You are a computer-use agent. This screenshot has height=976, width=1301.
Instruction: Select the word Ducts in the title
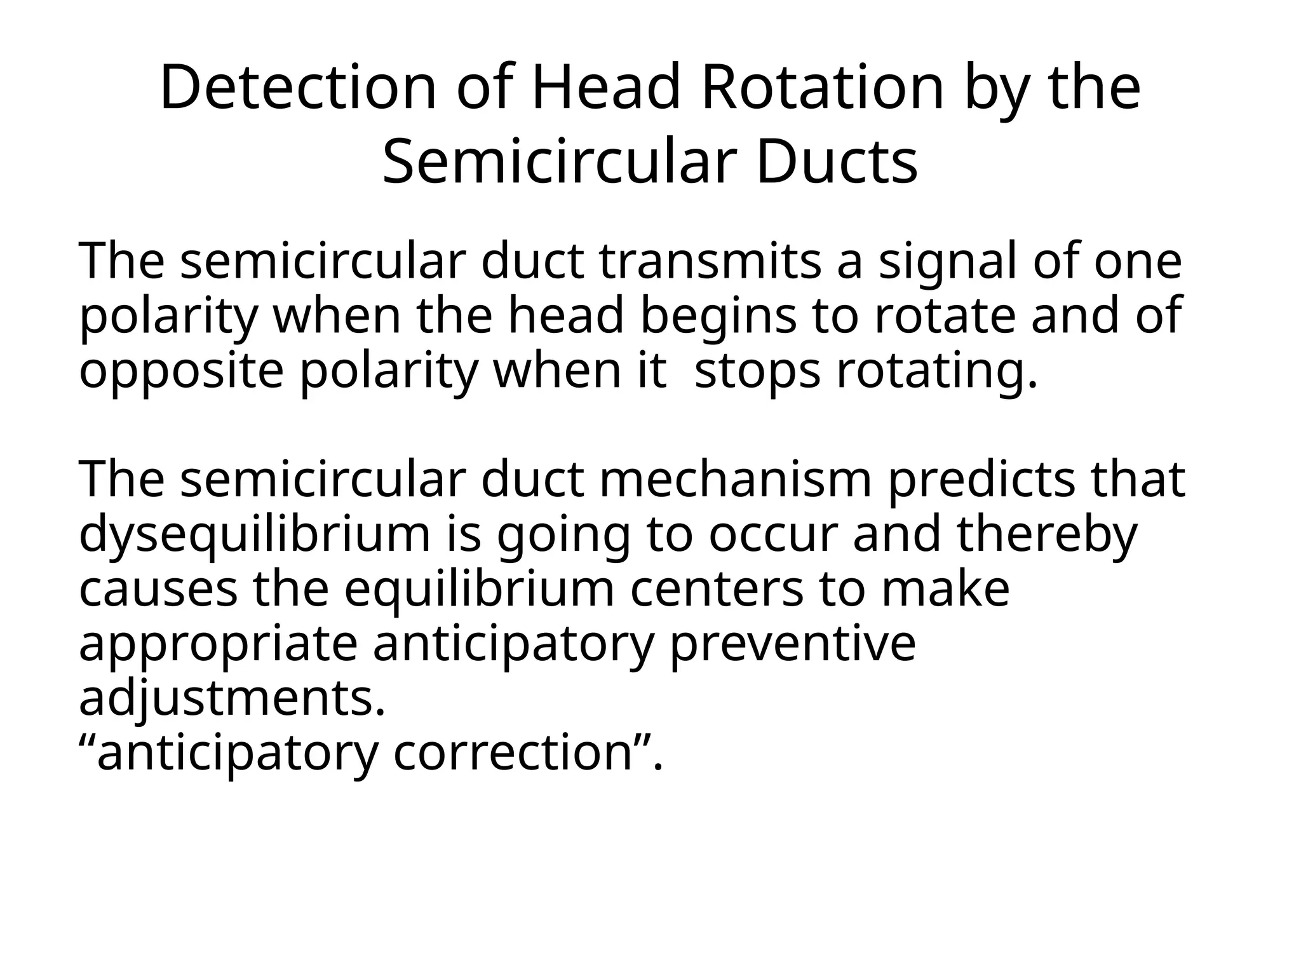[837, 163]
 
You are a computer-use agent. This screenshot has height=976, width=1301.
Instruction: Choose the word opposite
[181, 371]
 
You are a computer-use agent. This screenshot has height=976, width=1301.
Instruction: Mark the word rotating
[936, 371]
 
